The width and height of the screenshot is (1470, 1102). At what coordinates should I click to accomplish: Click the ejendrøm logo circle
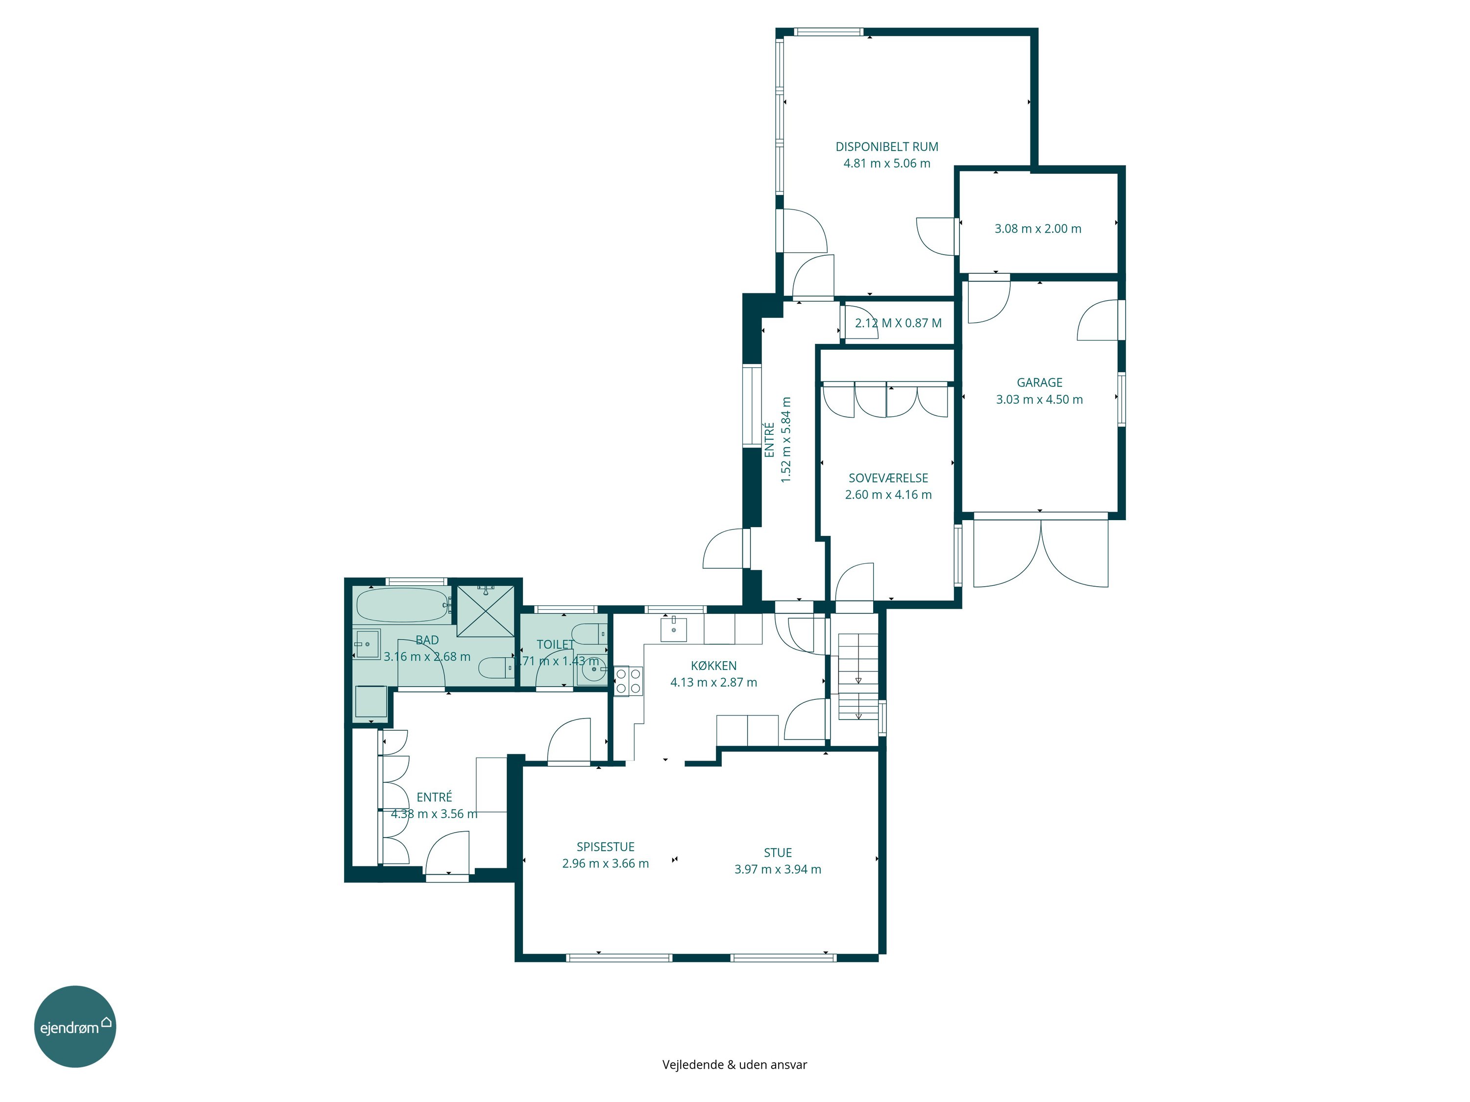coord(75,1026)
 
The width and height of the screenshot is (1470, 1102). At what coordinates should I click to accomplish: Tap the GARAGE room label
coord(1039,383)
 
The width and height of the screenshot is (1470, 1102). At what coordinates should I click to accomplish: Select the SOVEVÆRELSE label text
coord(888,478)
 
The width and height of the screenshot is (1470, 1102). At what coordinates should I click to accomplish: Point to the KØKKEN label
coord(713,666)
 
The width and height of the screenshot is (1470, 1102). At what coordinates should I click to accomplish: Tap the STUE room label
coord(778,853)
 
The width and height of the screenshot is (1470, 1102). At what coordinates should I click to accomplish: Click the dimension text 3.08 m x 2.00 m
coord(1037,229)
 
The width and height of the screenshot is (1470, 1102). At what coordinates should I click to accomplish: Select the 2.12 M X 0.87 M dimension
coord(898,323)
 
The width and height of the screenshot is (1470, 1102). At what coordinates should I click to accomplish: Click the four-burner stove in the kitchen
coord(628,681)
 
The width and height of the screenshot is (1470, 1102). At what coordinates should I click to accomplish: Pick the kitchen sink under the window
coord(674,629)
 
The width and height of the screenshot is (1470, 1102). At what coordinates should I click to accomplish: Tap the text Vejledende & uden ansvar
coord(735,1065)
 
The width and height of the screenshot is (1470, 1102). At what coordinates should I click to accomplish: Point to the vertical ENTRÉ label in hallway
coord(769,440)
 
